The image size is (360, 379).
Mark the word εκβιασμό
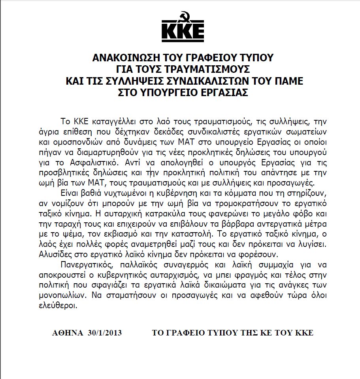(x=151, y=235)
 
